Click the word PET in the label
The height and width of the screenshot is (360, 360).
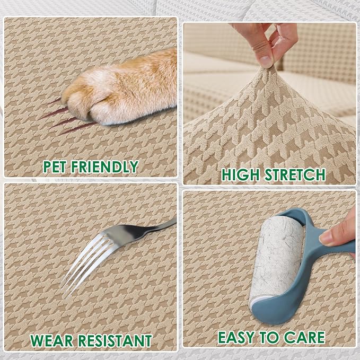coord(55,166)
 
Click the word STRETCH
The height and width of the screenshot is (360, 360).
coord(295,174)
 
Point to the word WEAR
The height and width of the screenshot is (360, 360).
coord(51,341)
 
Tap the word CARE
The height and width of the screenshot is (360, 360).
coord(304,337)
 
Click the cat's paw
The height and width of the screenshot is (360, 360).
coord(119,90)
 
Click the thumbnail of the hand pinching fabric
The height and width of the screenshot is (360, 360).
coord(266,60)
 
